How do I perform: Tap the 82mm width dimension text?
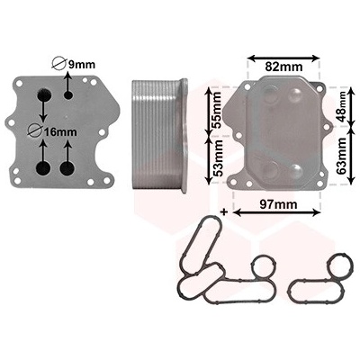coord(283,67)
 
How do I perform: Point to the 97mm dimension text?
coord(278,204)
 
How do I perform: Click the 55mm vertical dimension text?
coord(216,110)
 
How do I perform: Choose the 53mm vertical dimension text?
coord(217,158)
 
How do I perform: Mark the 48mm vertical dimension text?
coord(341,106)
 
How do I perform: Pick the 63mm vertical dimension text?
coord(341,156)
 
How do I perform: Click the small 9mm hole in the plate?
coord(68,95)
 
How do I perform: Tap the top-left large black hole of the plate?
coord(44,94)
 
